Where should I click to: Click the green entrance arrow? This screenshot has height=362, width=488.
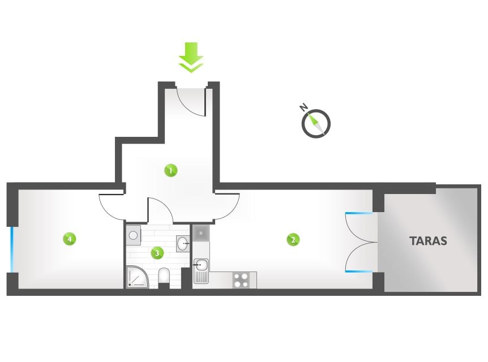pos(191,57)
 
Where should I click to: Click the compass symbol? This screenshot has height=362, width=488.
pos(316,123)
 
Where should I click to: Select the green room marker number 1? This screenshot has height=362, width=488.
pos(170,170)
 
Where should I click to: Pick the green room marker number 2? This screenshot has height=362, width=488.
pos(293,240)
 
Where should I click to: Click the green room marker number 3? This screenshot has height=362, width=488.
pos(157,253)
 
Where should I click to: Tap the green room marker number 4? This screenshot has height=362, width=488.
pos(70,239)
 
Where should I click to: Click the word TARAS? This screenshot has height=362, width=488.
pos(428,241)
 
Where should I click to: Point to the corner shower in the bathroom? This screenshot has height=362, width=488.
pos(137,277)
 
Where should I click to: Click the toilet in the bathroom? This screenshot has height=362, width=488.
pos(164,276)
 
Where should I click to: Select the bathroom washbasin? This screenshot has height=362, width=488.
pos(183,243)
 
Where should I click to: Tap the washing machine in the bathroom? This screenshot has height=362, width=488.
pos(133,235)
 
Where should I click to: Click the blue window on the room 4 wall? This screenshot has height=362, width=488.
pos(12,249)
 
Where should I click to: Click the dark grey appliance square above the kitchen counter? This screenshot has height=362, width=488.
pos(201,233)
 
